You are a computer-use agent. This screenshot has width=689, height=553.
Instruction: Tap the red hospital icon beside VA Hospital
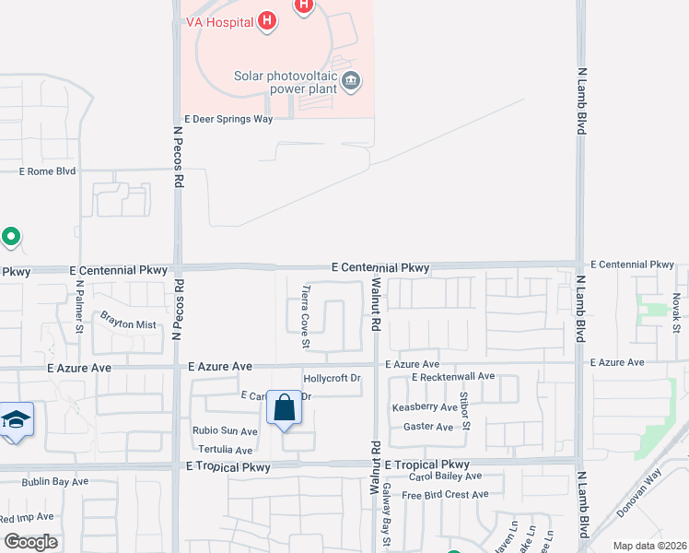267,20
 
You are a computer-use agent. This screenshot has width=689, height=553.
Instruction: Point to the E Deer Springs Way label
229,119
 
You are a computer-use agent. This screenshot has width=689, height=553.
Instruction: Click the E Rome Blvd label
48,171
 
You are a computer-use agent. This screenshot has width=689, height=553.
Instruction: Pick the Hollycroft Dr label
332,379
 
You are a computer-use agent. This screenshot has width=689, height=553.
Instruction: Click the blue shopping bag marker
285,407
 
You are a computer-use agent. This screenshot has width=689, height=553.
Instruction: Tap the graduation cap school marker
16,420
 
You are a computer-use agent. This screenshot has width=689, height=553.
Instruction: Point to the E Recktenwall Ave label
453,377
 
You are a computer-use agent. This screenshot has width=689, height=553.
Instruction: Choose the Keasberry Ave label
425,407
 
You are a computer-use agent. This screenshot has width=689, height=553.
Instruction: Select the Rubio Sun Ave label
225,430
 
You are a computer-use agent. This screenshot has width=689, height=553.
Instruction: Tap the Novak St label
676,314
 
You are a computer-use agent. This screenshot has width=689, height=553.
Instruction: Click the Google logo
30,541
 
